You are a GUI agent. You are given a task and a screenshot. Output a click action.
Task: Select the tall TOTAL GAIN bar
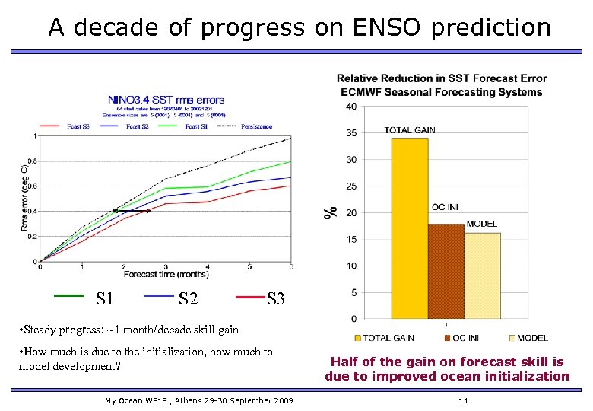pos(409,228)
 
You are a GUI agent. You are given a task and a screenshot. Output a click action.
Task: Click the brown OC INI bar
pos(446,270)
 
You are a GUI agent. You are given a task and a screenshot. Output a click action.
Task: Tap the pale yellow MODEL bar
pos(482,276)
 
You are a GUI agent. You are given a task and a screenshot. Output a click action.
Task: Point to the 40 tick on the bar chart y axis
pos(350,107)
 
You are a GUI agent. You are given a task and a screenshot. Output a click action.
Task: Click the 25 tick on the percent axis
pos(350,186)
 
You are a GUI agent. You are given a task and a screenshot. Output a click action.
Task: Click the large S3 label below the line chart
pos(275,299)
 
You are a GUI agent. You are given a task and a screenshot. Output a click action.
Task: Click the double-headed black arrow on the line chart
pos(132,210)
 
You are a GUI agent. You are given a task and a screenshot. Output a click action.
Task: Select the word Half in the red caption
pos(344,362)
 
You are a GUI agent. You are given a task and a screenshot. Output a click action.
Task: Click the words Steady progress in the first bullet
pos(56,330)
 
